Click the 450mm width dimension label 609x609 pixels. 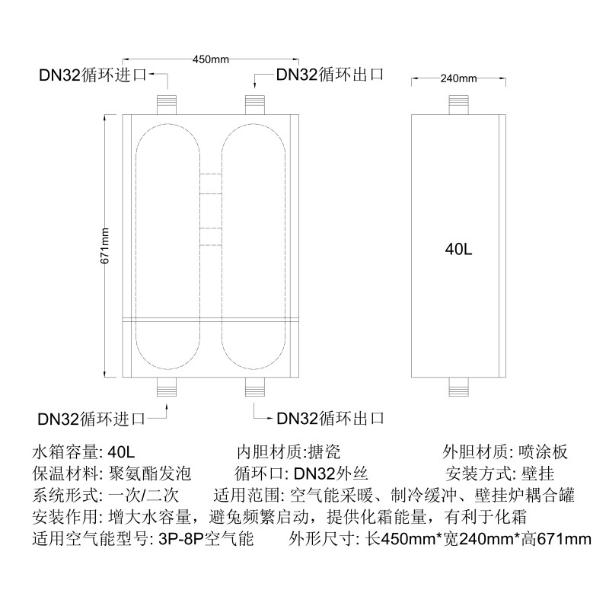click(211, 59)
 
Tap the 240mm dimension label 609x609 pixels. click(458, 78)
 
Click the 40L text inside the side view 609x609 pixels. click(459, 248)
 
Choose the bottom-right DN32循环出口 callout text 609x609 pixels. click(329, 418)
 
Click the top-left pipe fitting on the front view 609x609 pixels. click(166, 104)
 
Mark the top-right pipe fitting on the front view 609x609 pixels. click(255, 104)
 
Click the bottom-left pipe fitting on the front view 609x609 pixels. click(166, 387)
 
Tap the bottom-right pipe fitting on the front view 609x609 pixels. click(255, 387)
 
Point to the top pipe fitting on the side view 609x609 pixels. click(459, 104)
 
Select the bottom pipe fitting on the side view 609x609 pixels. click(459, 387)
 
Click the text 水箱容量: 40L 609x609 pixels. click(84, 451)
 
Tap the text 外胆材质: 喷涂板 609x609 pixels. click(505, 451)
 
